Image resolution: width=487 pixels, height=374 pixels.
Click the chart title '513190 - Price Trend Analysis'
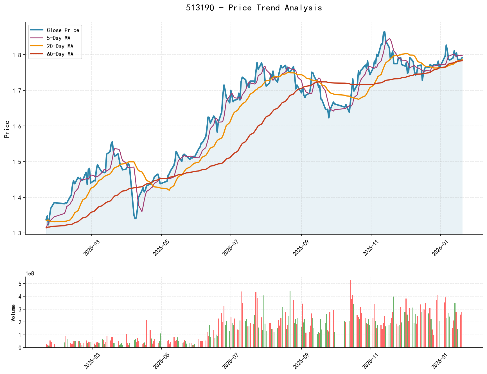click(x=254, y=8)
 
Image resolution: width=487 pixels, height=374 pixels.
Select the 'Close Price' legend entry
click(x=63, y=30)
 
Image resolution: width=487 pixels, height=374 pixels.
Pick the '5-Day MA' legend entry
click(x=58, y=38)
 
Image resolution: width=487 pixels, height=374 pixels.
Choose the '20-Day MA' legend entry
click(x=60, y=46)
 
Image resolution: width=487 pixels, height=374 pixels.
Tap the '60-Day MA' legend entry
click(x=60, y=54)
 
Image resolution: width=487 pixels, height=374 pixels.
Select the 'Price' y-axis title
click(x=7, y=129)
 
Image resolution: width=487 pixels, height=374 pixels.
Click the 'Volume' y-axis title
click(x=13, y=313)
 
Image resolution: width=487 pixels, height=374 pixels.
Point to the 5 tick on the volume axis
click(x=20, y=284)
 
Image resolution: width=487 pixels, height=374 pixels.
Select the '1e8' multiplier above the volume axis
click(x=30, y=273)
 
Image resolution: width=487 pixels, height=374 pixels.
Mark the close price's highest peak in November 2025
click(x=384, y=32)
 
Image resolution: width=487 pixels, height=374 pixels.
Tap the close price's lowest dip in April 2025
click(x=135, y=219)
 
